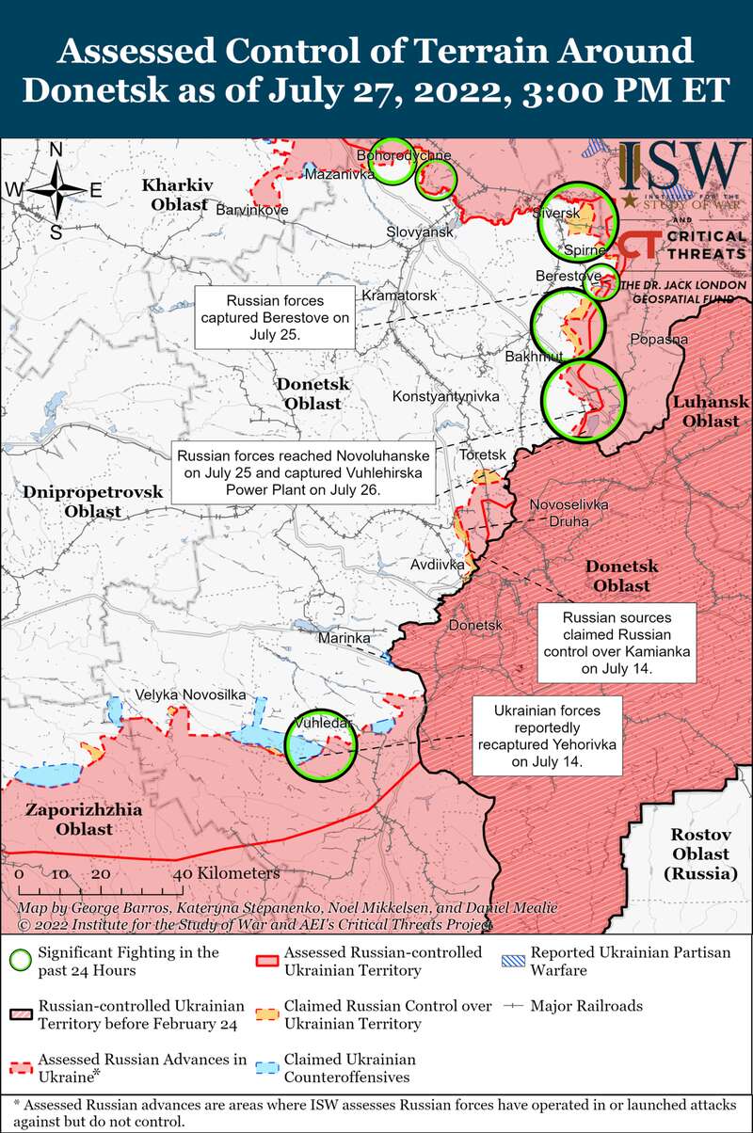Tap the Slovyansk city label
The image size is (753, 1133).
coord(421,231)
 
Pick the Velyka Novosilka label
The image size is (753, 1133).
coord(191,694)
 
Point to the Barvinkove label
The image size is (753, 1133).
coord(252,210)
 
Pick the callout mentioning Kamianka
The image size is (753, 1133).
coord(616,644)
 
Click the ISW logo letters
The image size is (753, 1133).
coord(681,168)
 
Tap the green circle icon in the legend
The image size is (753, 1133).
coord(20,961)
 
